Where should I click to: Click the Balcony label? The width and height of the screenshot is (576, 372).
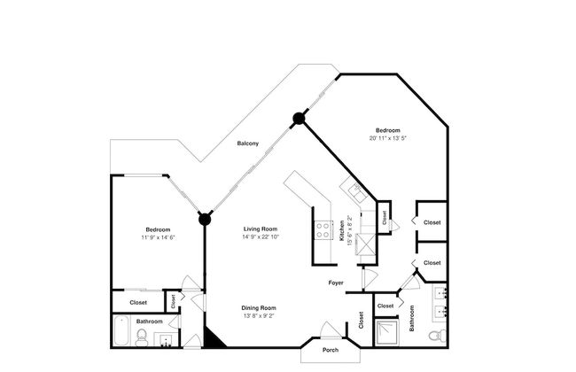(x=247, y=143)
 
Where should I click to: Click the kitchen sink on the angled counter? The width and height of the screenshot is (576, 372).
(x=353, y=190)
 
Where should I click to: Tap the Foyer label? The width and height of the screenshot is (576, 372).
(x=336, y=283)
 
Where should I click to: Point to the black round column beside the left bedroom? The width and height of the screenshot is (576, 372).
(x=205, y=218)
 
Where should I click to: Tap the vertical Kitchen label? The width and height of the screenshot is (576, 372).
(x=342, y=232)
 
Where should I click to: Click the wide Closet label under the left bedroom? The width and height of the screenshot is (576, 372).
(x=138, y=302)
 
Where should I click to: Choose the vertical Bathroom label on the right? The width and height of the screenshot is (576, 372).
(x=412, y=318)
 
